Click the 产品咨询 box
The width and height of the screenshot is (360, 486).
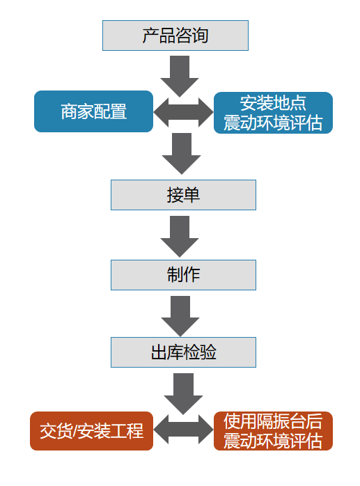click(x=175, y=36)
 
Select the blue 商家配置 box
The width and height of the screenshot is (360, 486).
click(x=93, y=111)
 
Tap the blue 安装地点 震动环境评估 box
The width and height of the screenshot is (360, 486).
click(x=273, y=113)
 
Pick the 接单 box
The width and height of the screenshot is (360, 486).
click(x=183, y=195)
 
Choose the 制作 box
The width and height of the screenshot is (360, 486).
click(x=183, y=275)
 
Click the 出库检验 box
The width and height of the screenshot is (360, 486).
click(x=183, y=352)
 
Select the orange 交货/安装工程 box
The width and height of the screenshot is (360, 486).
click(x=91, y=431)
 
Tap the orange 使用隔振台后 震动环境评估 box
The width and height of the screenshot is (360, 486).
click(x=273, y=431)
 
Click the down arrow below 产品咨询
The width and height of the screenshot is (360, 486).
click(x=180, y=77)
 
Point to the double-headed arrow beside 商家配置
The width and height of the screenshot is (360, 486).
click(x=183, y=112)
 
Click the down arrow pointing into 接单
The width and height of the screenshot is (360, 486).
click(x=182, y=154)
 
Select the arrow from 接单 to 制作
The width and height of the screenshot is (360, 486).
click(x=180, y=237)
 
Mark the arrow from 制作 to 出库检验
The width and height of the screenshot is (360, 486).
click(x=180, y=316)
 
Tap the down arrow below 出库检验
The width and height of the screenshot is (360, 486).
click(x=183, y=394)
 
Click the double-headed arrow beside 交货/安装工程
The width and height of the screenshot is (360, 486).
click(x=183, y=430)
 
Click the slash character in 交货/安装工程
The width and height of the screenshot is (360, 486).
click(x=75, y=431)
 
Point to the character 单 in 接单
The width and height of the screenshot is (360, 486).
click(x=191, y=195)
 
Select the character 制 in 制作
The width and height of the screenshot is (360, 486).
click(x=175, y=275)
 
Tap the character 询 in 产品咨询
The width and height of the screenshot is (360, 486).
click(x=200, y=36)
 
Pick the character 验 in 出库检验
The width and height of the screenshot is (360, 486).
click(x=208, y=352)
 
